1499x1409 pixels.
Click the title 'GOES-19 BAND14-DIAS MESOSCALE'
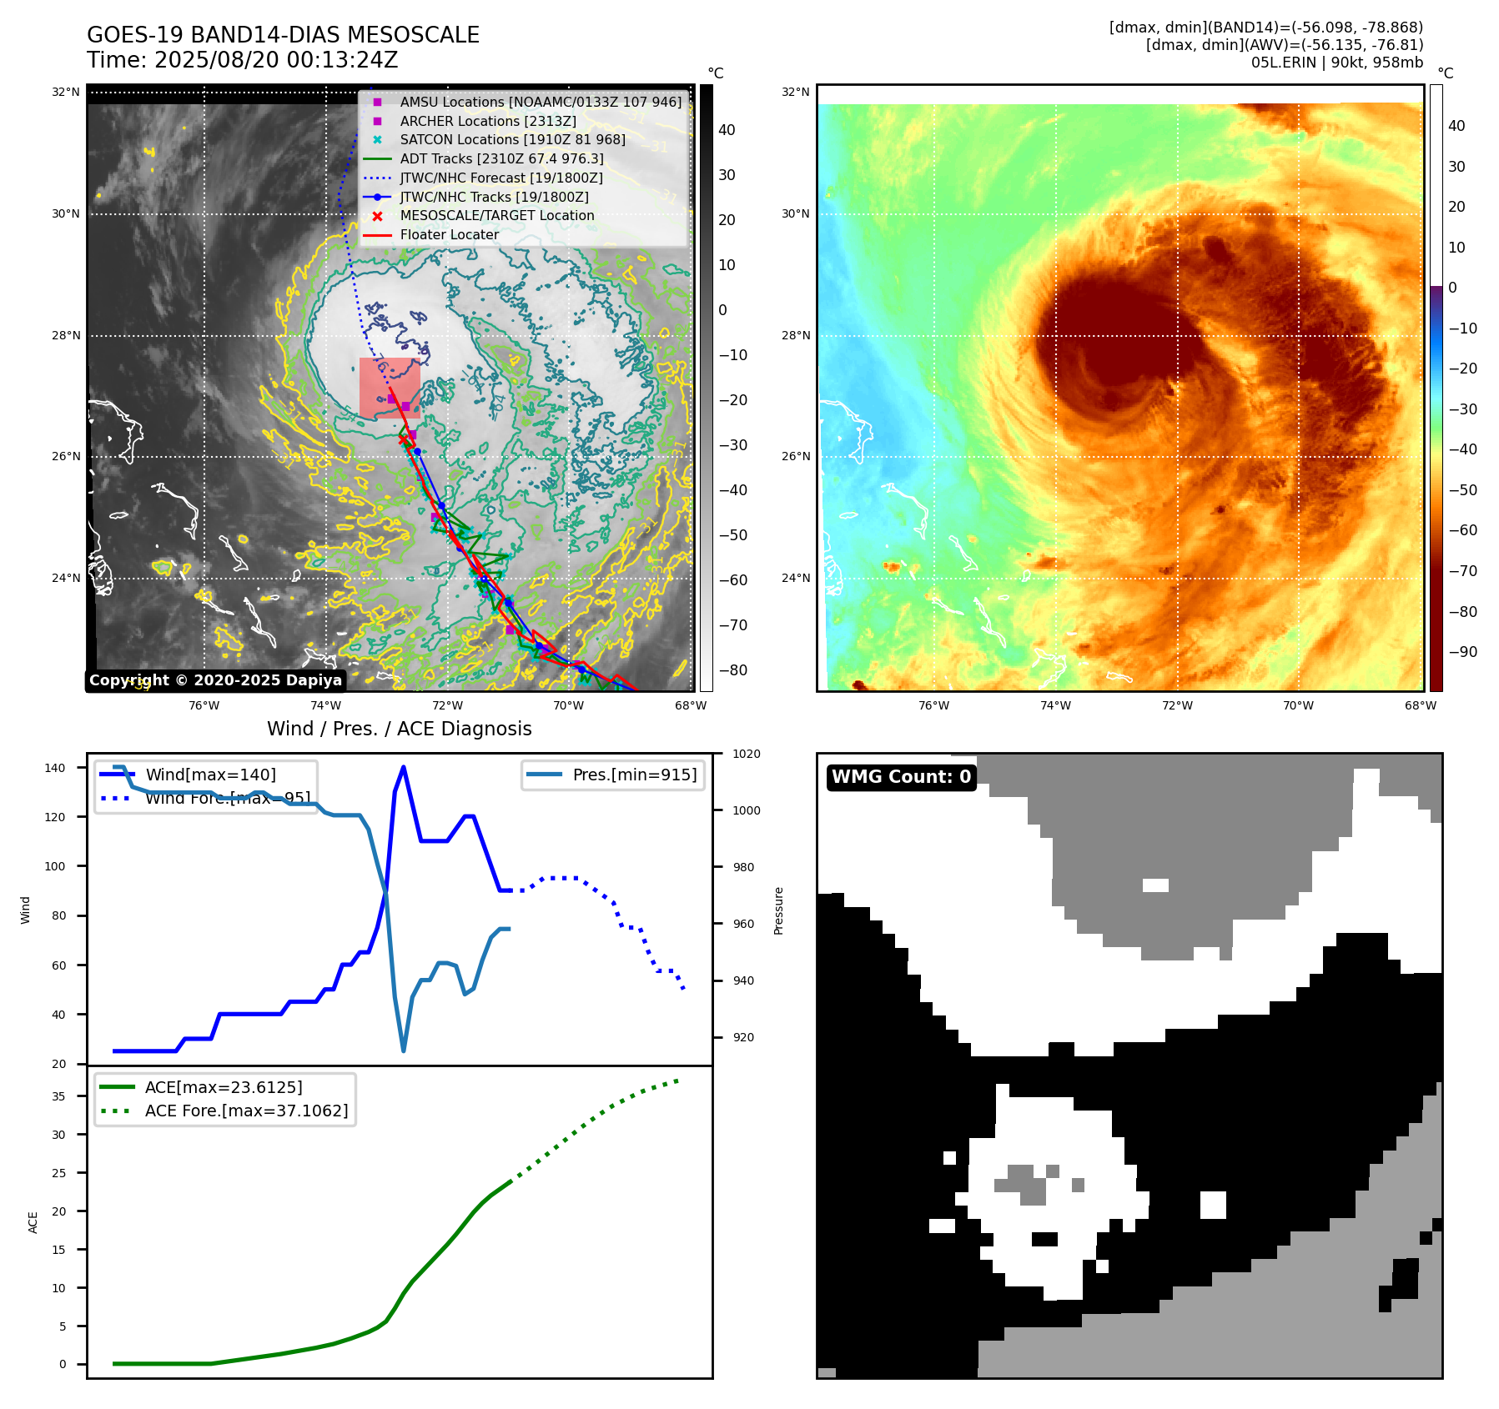click(283, 35)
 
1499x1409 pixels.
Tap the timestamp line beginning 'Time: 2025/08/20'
click(242, 60)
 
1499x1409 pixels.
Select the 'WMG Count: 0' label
click(901, 777)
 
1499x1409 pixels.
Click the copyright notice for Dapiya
click(215, 680)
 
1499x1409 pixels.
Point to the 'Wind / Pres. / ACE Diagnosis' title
click(399, 729)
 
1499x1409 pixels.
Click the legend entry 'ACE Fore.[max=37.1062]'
click(246, 1111)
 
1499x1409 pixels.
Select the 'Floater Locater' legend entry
click(449, 234)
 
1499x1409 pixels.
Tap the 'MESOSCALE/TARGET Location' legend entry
click(496, 215)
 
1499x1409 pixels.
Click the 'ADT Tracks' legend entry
click(501, 158)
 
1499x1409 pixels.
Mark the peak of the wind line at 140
click(404, 767)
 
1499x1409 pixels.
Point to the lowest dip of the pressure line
click(404, 1050)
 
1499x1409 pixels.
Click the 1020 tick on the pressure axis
click(746, 754)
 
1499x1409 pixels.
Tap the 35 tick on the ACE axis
click(58, 1096)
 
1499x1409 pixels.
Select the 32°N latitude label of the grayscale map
click(66, 92)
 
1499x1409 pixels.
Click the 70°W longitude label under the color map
click(1298, 705)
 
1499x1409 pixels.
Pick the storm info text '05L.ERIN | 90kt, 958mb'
click(1336, 63)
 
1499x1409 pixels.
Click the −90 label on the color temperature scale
click(1462, 652)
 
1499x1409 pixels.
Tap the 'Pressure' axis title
click(778, 910)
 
